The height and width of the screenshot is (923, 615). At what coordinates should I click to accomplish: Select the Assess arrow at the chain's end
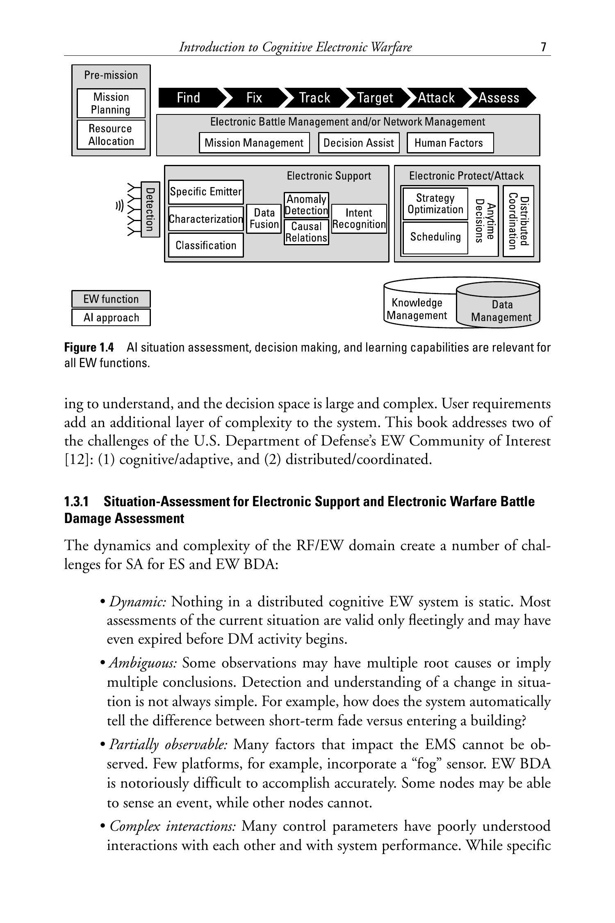pyautogui.click(x=499, y=98)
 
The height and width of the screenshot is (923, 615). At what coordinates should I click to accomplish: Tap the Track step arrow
pyautogui.click(x=314, y=98)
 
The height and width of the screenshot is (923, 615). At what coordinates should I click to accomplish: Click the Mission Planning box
pyautogui.click(x=111, y=103)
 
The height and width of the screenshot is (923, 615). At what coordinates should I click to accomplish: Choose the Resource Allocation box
pyautogui.click(x=111, y=135)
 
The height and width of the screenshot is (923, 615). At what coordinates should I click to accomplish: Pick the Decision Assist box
pyautogui.click(x=359, y=143)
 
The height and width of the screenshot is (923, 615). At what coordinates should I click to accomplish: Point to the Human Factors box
pyautogui.click(x=450, y=143)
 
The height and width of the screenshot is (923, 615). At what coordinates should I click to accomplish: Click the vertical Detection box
pyautogui.click(x=150, y=209)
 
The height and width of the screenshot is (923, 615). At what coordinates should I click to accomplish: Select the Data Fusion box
pyautogui.click(x=264, y=219)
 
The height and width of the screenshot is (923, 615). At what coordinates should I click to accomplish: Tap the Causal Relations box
pyautogui.click(x=306, y=232)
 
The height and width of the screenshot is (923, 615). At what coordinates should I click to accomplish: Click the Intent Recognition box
pyautogui.click(x=359, y=219)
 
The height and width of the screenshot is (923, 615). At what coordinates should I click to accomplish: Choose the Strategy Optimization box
pyautogui.click(x=435, y=204)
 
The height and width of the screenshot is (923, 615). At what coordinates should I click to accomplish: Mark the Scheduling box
pyautogui.click(x=435, y=237)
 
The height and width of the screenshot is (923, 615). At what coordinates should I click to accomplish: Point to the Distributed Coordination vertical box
pyautogui.click(x=518, y=221)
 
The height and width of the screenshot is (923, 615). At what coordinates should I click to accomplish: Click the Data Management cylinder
pyautogui.click(x=501, y=311)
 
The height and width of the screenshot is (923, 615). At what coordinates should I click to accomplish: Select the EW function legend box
pyautogui.click(x=111, y=299)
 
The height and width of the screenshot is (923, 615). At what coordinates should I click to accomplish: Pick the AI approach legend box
pyautogui.click(x=111, y=318)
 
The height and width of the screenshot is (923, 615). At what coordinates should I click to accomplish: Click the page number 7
pyautogui.click(x=544, y=47)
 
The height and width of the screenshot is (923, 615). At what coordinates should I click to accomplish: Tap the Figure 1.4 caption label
pyautogui.click(x=89, y=348)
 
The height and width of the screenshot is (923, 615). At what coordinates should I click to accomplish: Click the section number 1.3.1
pyautogui.click(x=77, y=502)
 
